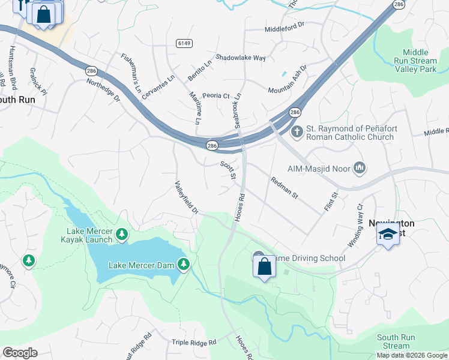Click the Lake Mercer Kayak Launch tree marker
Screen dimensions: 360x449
tap(122, 233)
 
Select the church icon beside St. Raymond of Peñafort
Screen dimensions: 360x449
tap(296, 131)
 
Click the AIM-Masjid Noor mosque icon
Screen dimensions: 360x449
tap(360, 166)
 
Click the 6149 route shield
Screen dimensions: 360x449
tap(183, 43)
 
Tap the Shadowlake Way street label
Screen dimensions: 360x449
tap(241, 58)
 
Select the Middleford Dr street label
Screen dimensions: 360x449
tap(285, 29)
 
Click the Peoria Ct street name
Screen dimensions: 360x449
tap(216, 96)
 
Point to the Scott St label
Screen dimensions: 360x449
tap(228, 169)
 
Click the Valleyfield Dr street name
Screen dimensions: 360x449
tap(187, 198)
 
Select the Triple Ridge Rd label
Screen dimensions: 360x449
tap(194, 342)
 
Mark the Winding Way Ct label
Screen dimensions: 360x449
tap(356, 226)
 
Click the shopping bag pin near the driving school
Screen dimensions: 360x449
tap(264, 267)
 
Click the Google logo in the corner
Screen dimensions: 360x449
tap(20, 353)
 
